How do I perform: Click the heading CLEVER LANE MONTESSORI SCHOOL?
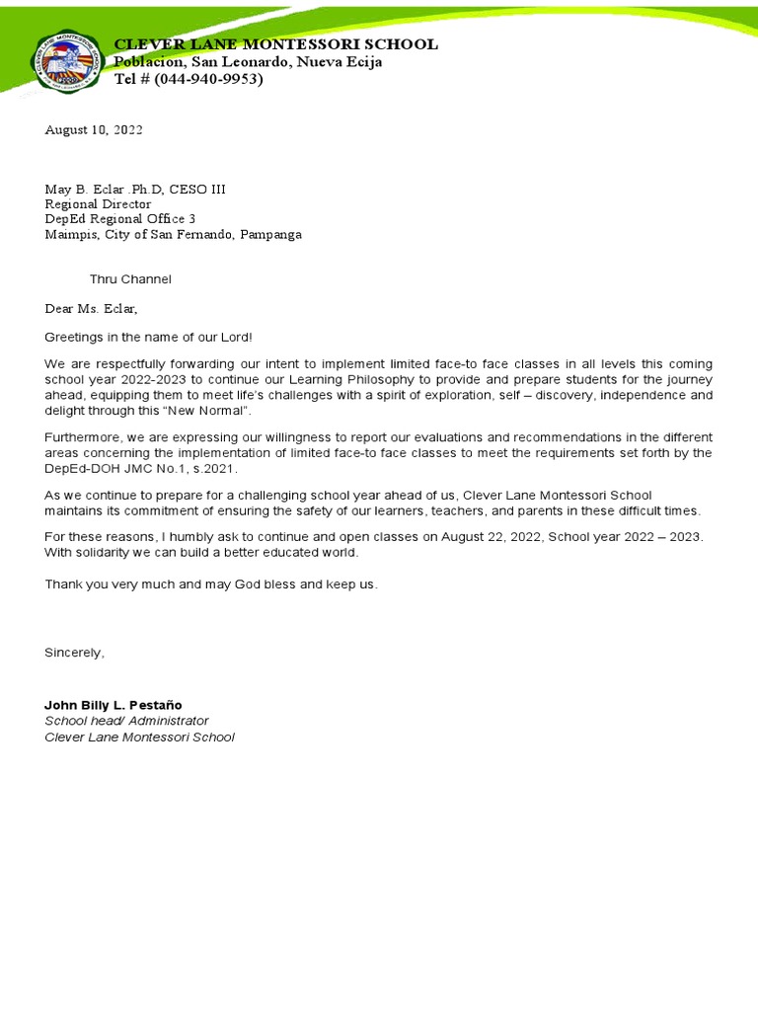[276, 44]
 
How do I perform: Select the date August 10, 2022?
[94, 130]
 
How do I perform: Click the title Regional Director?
[98, 204]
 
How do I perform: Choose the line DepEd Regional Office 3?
[120, 219]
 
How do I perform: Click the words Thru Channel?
[130, 279]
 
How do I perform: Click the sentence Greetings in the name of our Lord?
[148, 338]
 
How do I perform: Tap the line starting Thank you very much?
[210, 584]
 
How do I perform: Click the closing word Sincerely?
[74, 653]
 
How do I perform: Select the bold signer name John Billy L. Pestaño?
[114, 705]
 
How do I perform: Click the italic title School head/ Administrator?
[126, 721]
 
